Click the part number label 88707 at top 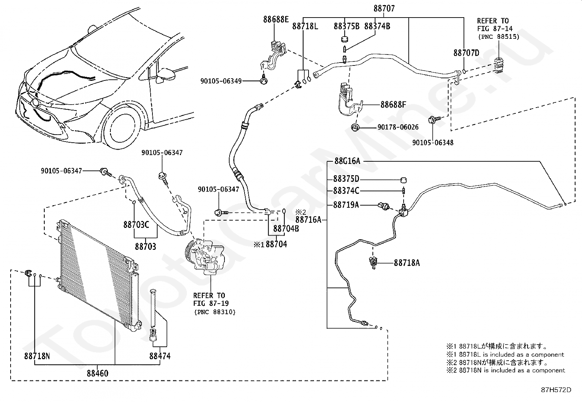(384, 8)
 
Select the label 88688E (276, 19)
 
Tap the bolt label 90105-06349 (221, 81)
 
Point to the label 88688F (393, 105)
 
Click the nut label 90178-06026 (398, 127)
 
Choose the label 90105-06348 (432, 143)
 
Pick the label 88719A (346, 205)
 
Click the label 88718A (407, 263)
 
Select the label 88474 (160, 356)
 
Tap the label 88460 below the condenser (98, 373)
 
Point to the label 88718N (37, 356)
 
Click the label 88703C (136, 225)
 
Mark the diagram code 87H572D (556, 390)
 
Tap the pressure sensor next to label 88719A (384, 206)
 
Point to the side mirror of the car (166, 75)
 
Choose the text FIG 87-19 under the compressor (211, 304)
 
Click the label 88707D (466, 53)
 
